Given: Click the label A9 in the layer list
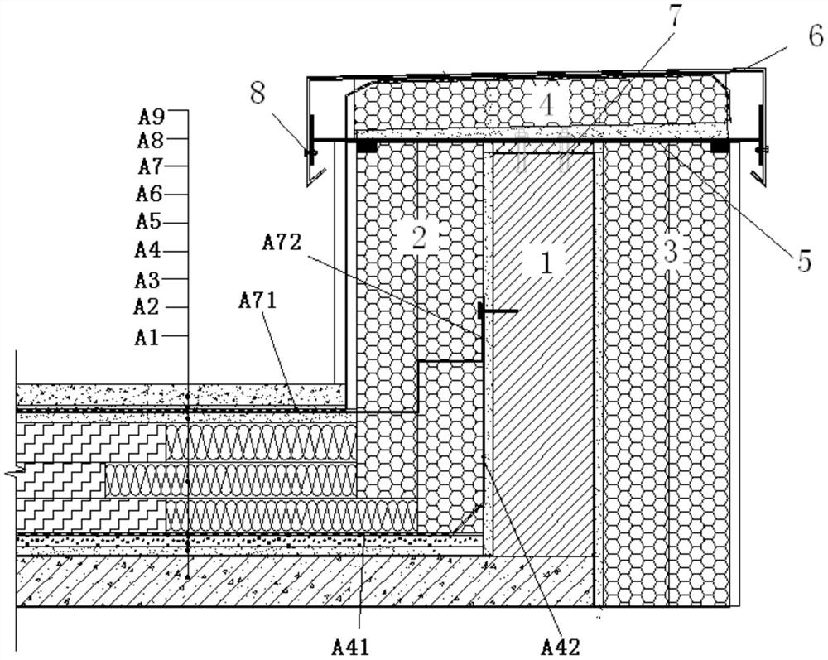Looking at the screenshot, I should pos(152,115).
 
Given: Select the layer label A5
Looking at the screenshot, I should pos(148,222).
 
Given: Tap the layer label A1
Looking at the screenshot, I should pos(148,336).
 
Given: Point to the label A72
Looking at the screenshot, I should pos(282,242).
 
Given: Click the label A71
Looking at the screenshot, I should pos(258,301).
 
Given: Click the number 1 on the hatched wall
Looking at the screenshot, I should pos(545,263).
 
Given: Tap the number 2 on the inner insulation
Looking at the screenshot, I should pos(419,238).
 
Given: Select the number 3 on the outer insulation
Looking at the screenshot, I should pos(671,251).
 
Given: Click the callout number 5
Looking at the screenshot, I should pos(804,261).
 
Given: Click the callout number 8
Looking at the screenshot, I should pos(258,93).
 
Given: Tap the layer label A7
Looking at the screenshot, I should pos(150,166).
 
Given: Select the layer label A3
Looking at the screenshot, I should pos(148,279).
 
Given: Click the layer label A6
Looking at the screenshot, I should pos(150,194).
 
